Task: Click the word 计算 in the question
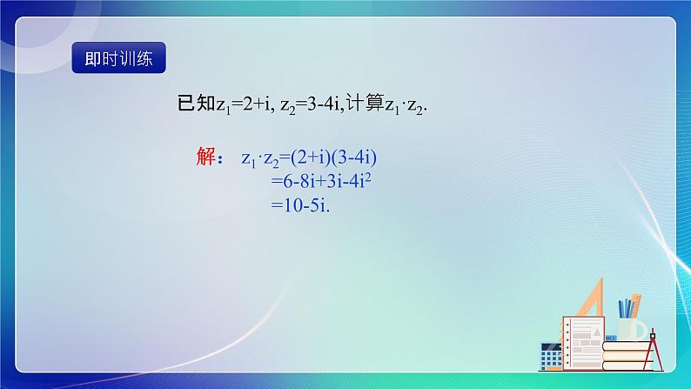366,104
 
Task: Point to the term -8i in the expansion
312,183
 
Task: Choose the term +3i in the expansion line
338,183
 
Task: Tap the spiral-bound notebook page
582,336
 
